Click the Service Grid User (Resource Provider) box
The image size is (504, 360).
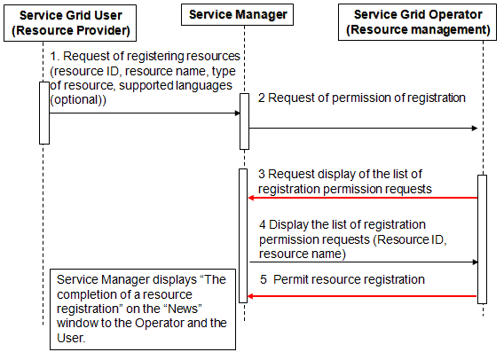(x=70, y=23)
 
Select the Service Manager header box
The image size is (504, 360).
(x=237, y=14)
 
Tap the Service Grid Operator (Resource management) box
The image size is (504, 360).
(x=417, y=22)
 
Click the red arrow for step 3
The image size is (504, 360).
(x=363, y=198)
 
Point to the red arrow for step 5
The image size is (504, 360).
(x=362, y=296)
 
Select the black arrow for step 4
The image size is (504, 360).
(x=364, y=262)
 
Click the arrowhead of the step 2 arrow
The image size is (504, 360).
(x=475, y=129)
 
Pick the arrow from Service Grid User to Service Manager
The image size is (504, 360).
(x=145, y=113)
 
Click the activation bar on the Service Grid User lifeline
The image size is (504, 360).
(x=44, y=113)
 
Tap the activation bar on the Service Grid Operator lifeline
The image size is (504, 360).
(x=482, y=239)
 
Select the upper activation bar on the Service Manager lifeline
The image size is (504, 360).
(x=245, y=121)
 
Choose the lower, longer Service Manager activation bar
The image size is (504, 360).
(x=243, y=236)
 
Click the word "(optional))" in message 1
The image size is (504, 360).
(x=78, y=99)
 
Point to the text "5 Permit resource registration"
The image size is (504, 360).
(x=343, y=279)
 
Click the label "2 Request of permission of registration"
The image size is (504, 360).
(x=362, y=98)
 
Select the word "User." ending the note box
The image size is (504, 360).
(x=71, y=338)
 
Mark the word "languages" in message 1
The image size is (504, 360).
(x=204, y=85)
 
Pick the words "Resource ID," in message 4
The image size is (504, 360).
(x=412, y=239)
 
